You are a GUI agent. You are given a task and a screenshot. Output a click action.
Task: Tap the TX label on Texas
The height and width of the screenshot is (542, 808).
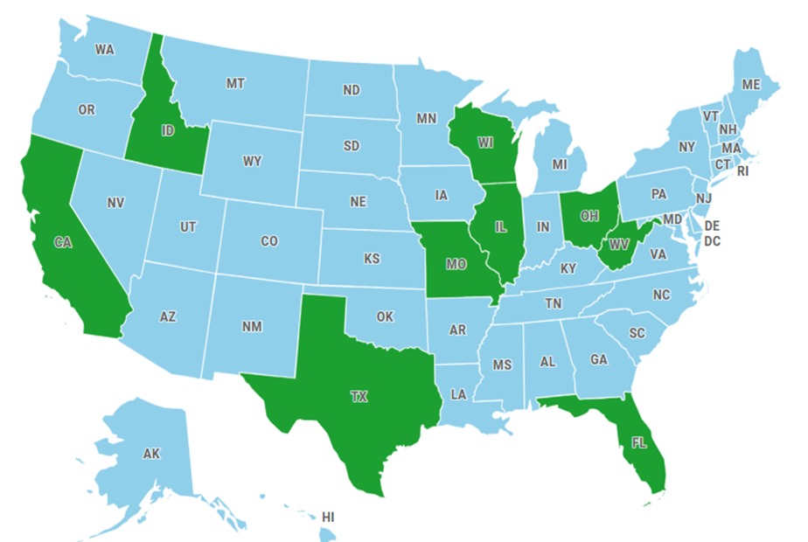[359, 396]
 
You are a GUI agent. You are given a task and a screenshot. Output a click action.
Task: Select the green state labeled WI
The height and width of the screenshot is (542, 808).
[485, 142]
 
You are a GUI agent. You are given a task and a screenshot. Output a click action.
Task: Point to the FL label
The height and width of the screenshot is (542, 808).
[638, 442]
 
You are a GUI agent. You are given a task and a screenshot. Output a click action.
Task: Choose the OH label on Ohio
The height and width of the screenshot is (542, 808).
[589, 215]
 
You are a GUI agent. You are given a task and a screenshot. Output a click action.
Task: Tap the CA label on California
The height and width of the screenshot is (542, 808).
[62, 243]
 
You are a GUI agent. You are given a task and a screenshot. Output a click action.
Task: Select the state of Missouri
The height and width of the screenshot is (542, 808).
[456, 261]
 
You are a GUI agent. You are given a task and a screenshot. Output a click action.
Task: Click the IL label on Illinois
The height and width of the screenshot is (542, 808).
[501, 226]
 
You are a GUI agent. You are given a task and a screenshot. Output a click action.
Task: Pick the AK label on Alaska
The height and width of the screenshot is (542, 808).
[151, 454]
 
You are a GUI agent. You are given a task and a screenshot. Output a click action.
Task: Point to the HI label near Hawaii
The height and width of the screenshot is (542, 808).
[328, 518]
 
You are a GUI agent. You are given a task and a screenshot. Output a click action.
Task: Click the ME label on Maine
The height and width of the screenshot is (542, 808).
[751, 85]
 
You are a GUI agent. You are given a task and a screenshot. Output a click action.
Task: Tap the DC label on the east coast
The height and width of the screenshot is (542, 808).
[712, 240]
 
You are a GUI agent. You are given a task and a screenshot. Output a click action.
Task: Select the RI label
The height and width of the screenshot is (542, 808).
[743, 171]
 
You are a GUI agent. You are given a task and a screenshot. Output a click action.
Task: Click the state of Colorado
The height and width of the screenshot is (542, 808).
[269, 240]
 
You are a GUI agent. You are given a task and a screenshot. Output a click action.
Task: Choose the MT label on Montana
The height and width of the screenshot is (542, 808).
[234, 84]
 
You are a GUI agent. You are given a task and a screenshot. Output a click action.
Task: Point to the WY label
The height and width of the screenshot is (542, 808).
[252, 161]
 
